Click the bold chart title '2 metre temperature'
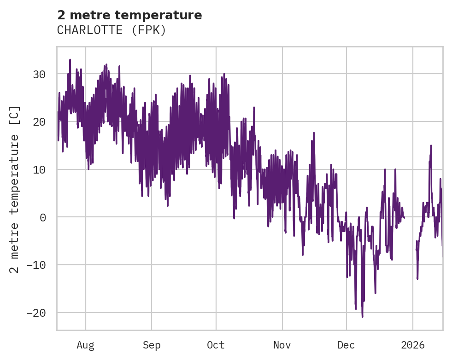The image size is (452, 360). pos(129,15)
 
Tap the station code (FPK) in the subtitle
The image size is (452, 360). pos(148,30)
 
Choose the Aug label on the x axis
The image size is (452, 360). pos(86,345)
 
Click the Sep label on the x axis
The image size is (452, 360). pos(151,345)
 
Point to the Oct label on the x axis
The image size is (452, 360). pos(216,345)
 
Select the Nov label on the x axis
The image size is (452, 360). pos(282,345)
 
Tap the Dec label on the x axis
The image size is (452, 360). pos(346,345)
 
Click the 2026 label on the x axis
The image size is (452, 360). pos(413,345)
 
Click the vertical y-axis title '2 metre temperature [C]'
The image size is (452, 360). pos(15,189)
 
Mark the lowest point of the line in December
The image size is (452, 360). pos(363,317)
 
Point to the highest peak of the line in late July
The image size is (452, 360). pos(70,59)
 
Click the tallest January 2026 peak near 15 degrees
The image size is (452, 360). pos(431,145)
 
